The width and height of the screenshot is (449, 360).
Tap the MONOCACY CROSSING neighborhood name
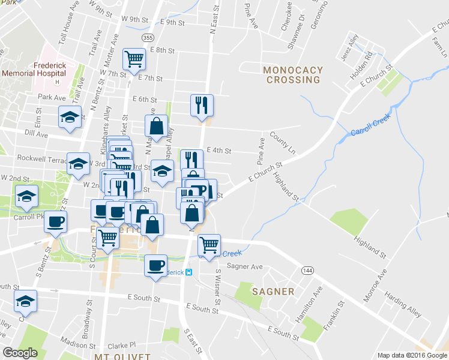(x=293, y=75)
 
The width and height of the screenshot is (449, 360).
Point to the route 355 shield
(x=148, y=38)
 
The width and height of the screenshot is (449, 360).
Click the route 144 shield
(x=307, y=271)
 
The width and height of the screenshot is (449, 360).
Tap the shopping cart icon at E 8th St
(x=134, y=59)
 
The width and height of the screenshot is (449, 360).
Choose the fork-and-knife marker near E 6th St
(x=202, y=105)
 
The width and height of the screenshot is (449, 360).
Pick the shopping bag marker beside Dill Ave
(x=156, y=126)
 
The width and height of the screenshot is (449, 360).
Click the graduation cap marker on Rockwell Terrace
(x=78, y=164)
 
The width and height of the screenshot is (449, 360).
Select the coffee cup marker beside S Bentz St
(x=56, y=221)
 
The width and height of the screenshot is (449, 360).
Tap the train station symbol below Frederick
(x=188, y=272)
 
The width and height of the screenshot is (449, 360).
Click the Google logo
(x=20, y=353)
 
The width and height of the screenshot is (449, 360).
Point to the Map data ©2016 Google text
(x=412, y=355)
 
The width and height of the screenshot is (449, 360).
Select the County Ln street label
(x=283, y=142)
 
